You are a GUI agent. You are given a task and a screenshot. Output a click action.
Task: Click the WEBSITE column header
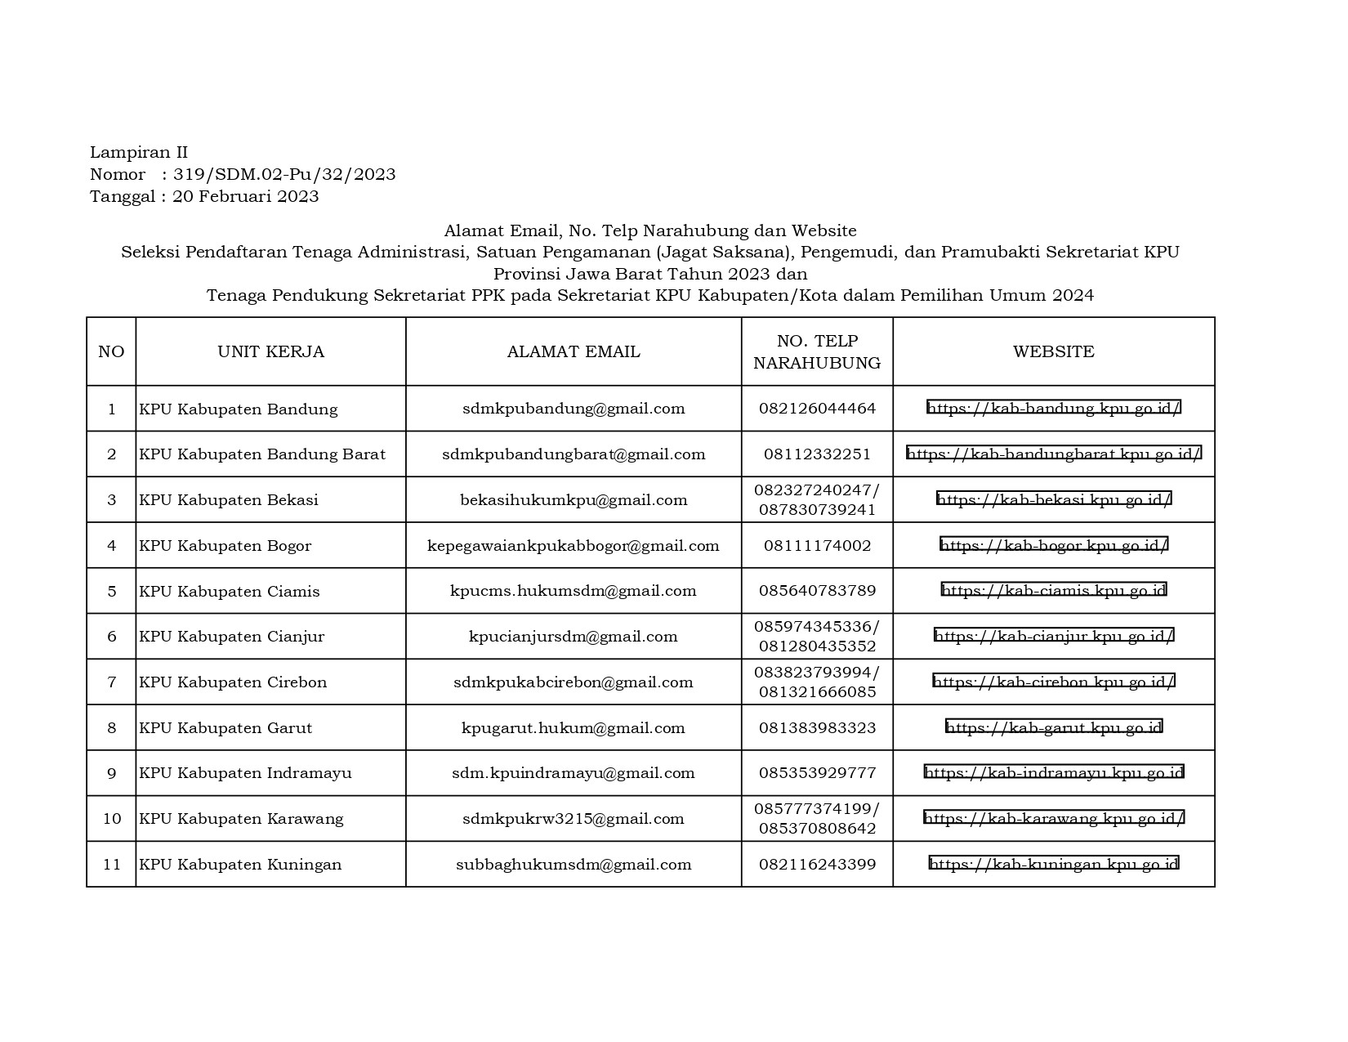(x=1053, y=351)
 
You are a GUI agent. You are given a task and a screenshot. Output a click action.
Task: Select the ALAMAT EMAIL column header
(x=573, y=351)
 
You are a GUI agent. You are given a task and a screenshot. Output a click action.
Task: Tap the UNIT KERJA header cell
(x=270, y=351)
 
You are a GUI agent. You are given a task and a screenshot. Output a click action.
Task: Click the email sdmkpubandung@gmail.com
(x=573, y=409)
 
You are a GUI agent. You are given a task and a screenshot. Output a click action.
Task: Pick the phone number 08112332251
(x=817, y=454)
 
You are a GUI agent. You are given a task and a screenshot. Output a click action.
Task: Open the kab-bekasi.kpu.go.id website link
(x=1053, y=499)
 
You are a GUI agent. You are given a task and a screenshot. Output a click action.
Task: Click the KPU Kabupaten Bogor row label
(x=225, y=546)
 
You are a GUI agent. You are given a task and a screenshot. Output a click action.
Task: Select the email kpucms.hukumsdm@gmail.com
(x=573, y=591)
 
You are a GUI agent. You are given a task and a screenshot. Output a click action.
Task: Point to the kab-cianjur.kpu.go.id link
(x=1053, y=636)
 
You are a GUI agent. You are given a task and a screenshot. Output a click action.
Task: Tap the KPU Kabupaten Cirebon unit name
(x=233, y=682)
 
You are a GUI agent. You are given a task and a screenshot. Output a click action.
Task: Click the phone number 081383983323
(x=817, y=727)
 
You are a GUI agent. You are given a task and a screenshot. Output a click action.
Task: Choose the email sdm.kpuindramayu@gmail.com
(x=573, y=773)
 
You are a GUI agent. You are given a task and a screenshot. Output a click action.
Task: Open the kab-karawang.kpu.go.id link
(x=1053, y=817)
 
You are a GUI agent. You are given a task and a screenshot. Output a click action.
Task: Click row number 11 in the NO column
(x=111, y=865)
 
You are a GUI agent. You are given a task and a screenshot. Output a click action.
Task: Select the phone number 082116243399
(x=817, y=865)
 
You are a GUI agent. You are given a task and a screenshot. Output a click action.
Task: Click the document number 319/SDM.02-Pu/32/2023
(x=284, y=174)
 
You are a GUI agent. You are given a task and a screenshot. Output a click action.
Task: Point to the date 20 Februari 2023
(x=245, y=196)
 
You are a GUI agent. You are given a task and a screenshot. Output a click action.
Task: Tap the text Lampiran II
(x=139, y=152)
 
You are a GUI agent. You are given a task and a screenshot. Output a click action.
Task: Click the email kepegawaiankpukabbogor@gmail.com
(x=573, y=546)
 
